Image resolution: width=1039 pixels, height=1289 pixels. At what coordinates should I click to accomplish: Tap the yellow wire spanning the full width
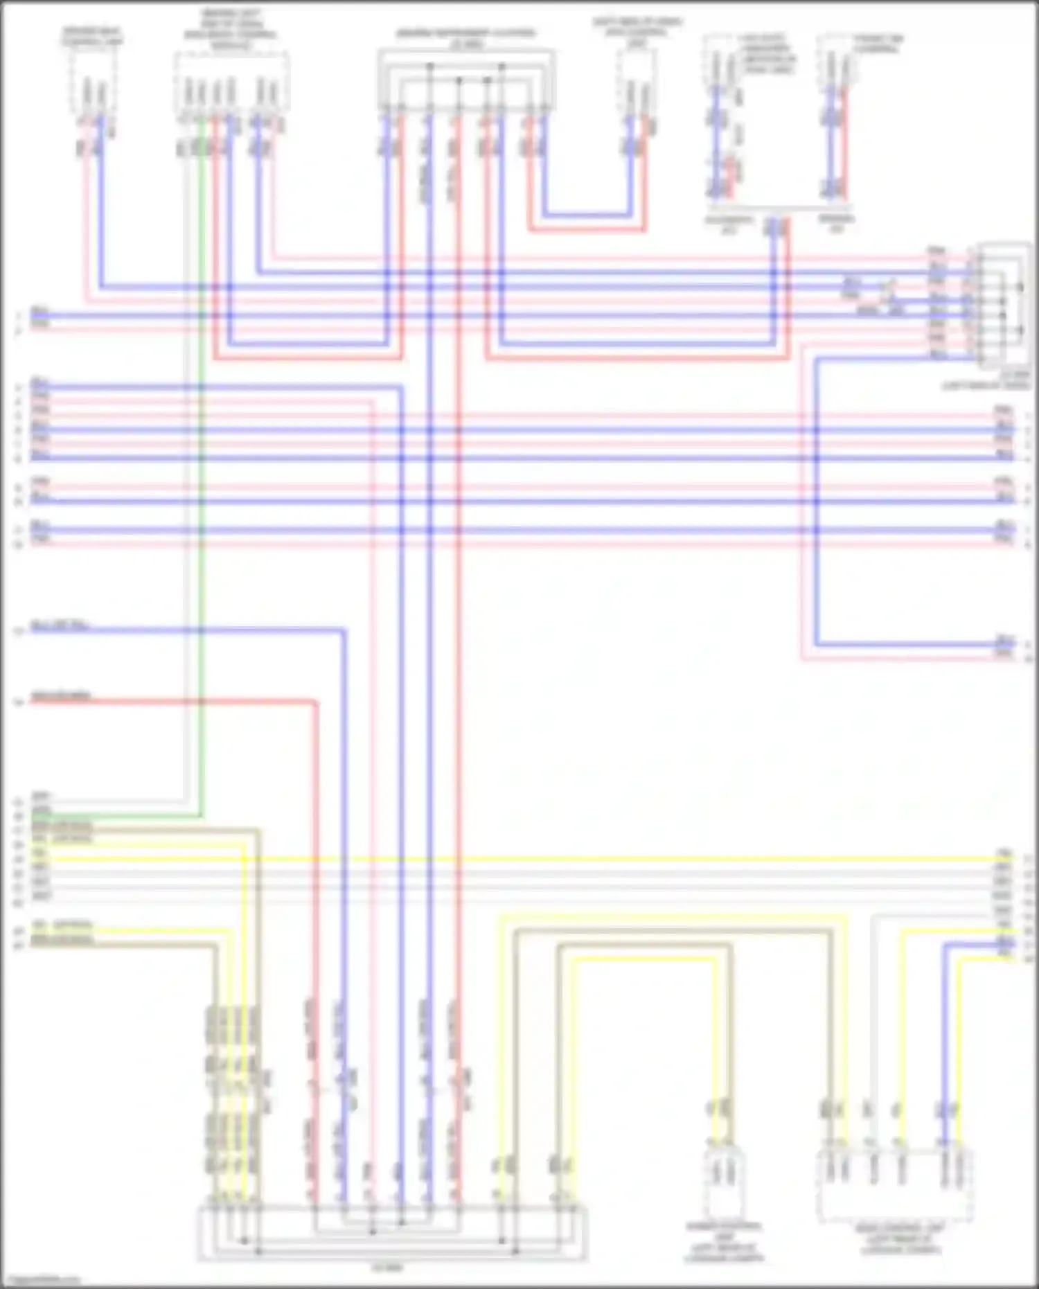point(623,860)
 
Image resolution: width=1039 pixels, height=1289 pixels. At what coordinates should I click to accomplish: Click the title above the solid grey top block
point(465,38)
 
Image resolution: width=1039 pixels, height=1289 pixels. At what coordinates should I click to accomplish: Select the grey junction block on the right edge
point(1002,305)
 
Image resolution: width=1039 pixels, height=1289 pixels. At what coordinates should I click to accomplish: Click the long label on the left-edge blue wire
point(61,627)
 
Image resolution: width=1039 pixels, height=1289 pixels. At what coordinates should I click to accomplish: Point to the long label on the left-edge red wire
point(61,695)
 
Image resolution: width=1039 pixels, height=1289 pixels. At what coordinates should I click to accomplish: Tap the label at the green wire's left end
point(42,810)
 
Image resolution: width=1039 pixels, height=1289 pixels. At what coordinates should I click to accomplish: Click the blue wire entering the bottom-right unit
point(943,1039)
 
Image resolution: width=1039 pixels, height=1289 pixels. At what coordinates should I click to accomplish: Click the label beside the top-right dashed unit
point(878,44)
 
